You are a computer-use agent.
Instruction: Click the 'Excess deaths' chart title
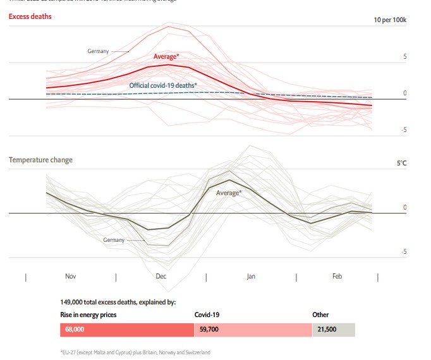point(30,16)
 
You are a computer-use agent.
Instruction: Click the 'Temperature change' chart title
point(40,160)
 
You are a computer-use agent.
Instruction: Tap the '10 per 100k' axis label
point(390,20)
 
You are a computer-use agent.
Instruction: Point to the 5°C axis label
point(401,163)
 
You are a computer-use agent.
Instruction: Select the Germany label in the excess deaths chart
point(98,51)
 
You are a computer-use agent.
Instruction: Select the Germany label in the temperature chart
point(114,240)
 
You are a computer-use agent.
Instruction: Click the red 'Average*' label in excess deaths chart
point(166,57)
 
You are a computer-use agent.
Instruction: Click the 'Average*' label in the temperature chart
point(229,193)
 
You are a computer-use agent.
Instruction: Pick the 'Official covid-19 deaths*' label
point(163,85)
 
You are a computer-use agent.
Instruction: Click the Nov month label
point(71,277)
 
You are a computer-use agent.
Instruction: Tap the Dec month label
point(161,277)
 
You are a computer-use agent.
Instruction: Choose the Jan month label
point(251,277)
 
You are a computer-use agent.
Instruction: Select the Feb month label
point(337,277)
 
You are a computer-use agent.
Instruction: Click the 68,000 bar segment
point(127,330)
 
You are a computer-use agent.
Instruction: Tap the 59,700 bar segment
point(253,330)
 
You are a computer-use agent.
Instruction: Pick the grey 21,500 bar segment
point(334,330)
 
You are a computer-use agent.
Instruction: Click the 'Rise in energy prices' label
point(88,315)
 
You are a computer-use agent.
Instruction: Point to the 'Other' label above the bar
point(320,315)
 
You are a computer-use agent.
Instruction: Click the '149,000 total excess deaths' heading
point(118,303)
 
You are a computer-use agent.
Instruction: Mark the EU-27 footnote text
point(135,352)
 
